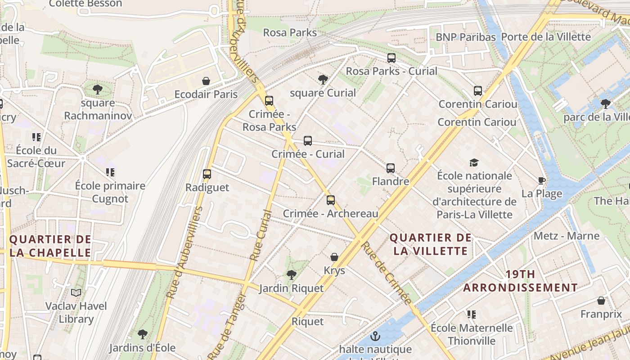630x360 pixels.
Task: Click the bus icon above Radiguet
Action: click(x=207, y=174)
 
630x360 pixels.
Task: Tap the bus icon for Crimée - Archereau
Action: click(x=331, y=200)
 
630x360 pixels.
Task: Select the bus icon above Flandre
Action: click(x=391, y=168)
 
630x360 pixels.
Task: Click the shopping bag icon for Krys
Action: click(x=334, y=257)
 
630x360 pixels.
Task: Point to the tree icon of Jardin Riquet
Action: click(x=292, y=274)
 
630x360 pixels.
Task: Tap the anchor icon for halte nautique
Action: click(x=375, y=336)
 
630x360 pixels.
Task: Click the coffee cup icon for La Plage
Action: click(x=542, y=181)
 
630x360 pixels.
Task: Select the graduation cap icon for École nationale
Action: click(x=474, y=162)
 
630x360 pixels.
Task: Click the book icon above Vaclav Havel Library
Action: click(x=76, y=293)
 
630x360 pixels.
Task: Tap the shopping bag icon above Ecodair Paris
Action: click(x=206, y=81)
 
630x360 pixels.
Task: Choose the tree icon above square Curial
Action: click(x=323, y=80)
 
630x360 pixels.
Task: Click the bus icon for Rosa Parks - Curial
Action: click(x=391, y=58)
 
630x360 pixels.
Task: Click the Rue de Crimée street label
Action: click(x=387, y=273)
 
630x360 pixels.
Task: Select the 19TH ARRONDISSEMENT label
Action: click(x=521, y=281)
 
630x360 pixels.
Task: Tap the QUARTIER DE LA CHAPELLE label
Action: click(x=50, y=246)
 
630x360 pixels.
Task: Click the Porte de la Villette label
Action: click(x=545, y=37)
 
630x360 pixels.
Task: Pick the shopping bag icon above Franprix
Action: click(x=601, y=301)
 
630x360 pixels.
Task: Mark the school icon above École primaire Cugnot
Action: click(x=110, y=172)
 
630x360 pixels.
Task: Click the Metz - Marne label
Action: click(x=567, y=236)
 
